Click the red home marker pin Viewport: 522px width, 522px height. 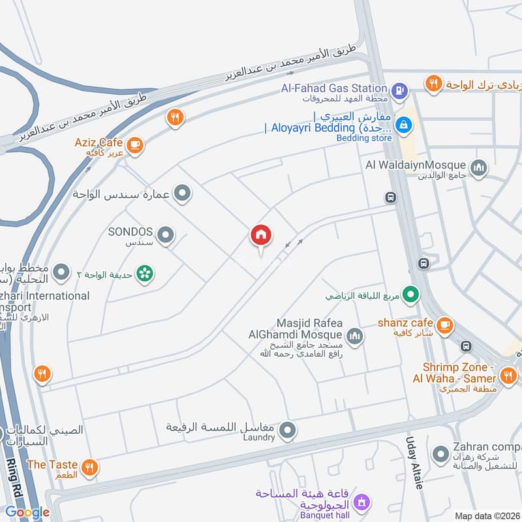(261, 236)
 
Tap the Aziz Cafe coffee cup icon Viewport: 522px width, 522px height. (135, 144)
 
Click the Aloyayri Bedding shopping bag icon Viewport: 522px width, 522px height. (404, 122)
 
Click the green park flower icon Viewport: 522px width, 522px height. (145, 273)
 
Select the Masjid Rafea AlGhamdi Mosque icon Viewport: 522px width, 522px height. (354, 336)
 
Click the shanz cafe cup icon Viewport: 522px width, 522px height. (445, 324)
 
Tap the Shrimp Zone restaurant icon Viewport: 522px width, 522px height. (508, 375)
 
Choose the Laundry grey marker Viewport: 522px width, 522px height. (288, 430)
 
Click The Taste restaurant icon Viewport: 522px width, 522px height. (90, 467)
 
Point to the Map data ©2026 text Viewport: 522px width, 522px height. (487, 515)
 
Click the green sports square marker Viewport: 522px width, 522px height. (410, 296)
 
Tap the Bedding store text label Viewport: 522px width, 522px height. (364, 138)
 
